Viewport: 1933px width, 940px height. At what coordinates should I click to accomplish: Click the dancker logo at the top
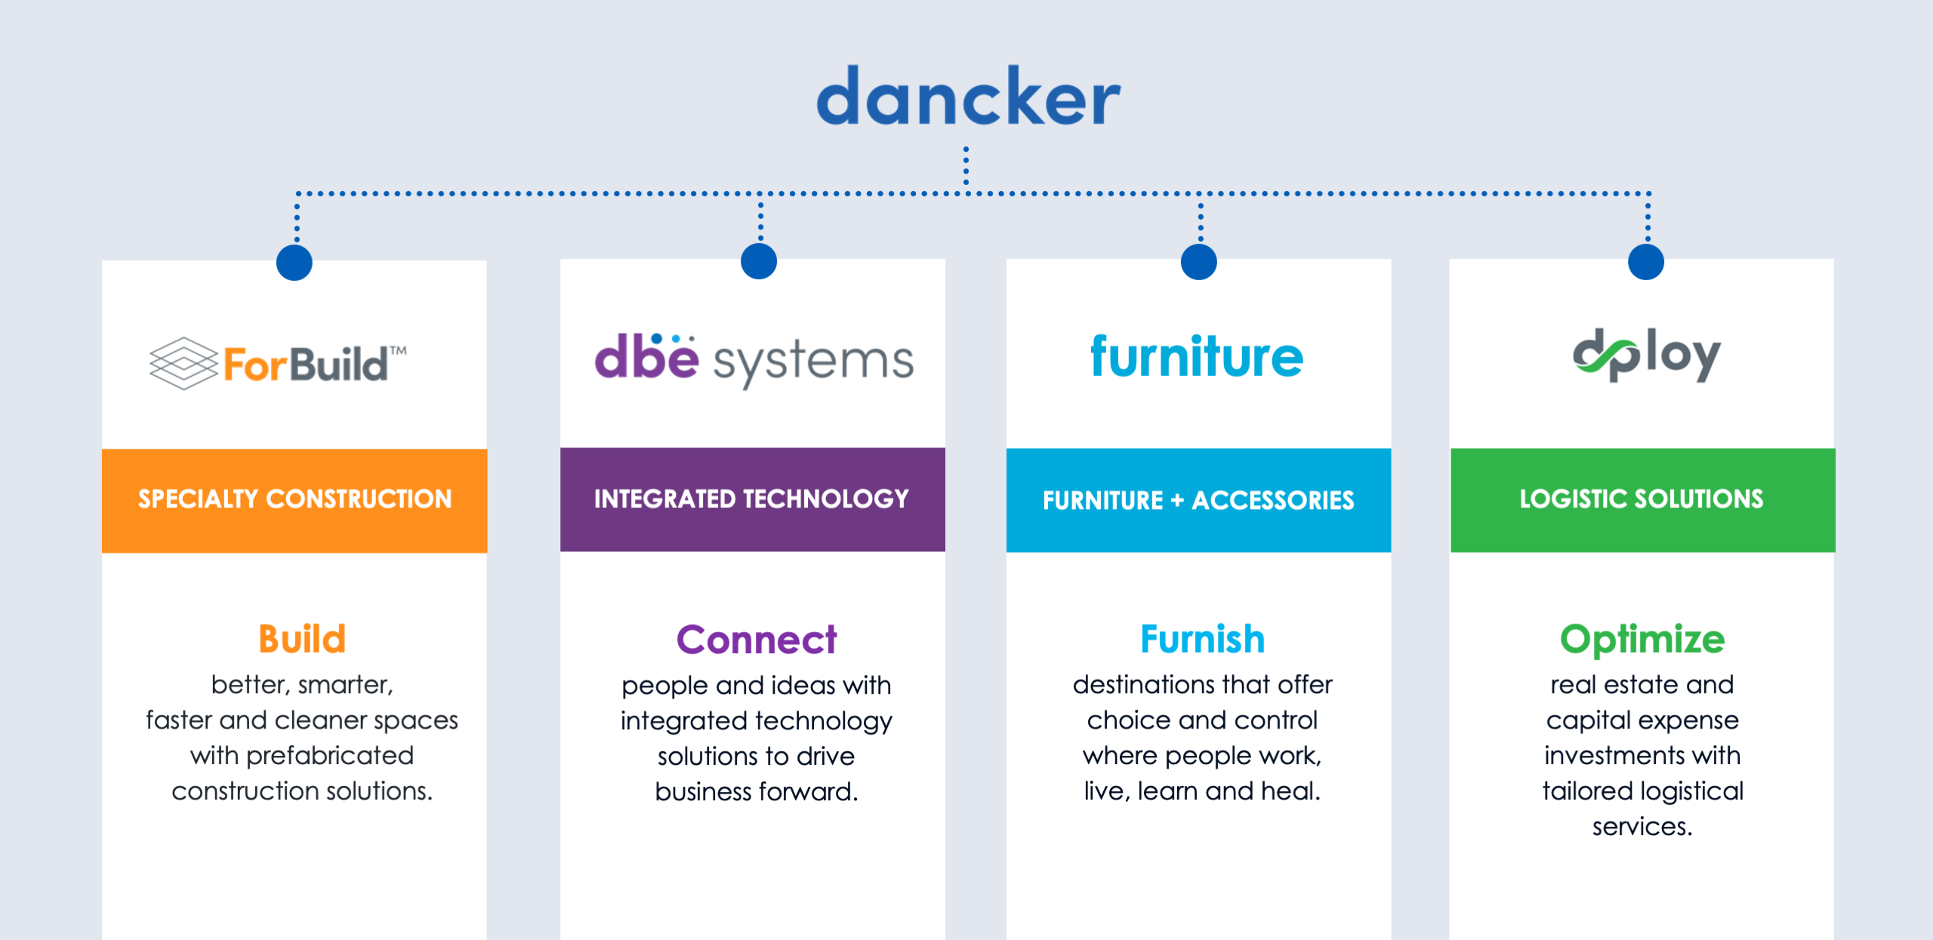[968, 96]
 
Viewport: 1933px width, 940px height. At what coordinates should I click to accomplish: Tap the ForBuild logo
[278, 363]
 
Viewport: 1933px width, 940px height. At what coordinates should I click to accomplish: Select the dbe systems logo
[754, 359]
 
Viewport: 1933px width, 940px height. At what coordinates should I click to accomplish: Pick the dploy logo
[1647, 355]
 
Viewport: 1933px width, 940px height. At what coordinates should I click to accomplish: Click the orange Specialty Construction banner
[294, 501]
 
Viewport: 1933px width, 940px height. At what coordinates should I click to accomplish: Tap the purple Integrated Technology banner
[753, 499]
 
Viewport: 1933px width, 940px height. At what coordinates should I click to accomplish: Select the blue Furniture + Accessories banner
[1199, 500]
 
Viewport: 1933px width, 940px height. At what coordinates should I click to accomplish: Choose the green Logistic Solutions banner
[1643, 500]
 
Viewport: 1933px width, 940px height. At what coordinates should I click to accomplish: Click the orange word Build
[302, 639]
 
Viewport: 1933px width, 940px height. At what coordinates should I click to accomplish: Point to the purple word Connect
[757, 640]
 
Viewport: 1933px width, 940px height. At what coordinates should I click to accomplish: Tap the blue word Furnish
[1203, 639]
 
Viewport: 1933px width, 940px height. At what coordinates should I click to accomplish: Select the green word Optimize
[1642, 640]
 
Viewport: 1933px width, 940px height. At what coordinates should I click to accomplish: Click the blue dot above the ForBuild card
[294, 263]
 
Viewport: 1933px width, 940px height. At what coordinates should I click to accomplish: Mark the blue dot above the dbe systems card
[759, 261]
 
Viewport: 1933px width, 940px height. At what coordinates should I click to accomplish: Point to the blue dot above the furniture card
[1199, 262]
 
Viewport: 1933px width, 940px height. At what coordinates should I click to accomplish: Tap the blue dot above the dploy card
[1646, 262]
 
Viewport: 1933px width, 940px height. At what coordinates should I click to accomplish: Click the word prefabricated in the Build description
[330, 756]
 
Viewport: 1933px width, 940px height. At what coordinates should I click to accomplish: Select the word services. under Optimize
[1642, 827]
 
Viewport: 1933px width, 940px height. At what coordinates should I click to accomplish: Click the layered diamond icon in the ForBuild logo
[184, 363]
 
